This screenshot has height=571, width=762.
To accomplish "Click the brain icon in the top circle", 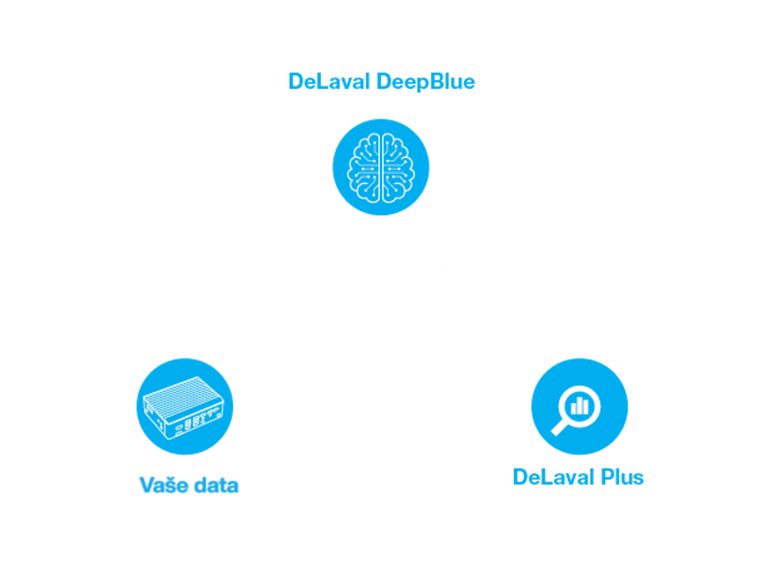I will (x=381, y=167).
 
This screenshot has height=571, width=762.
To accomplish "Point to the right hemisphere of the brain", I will (x=397, y=167).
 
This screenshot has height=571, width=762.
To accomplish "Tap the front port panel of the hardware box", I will (x=196, y=423).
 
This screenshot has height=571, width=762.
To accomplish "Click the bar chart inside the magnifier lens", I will (x=580, y=406).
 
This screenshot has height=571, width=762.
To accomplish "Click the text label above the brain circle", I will (x=382, y=81).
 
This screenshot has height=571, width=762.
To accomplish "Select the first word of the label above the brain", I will (x=329, y=81).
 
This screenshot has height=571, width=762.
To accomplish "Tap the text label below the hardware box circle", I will (x=189, y=485).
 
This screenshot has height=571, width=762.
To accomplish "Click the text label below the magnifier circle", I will (x=579, y=477).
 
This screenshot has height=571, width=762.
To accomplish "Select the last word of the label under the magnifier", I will (x=622, y=477).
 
